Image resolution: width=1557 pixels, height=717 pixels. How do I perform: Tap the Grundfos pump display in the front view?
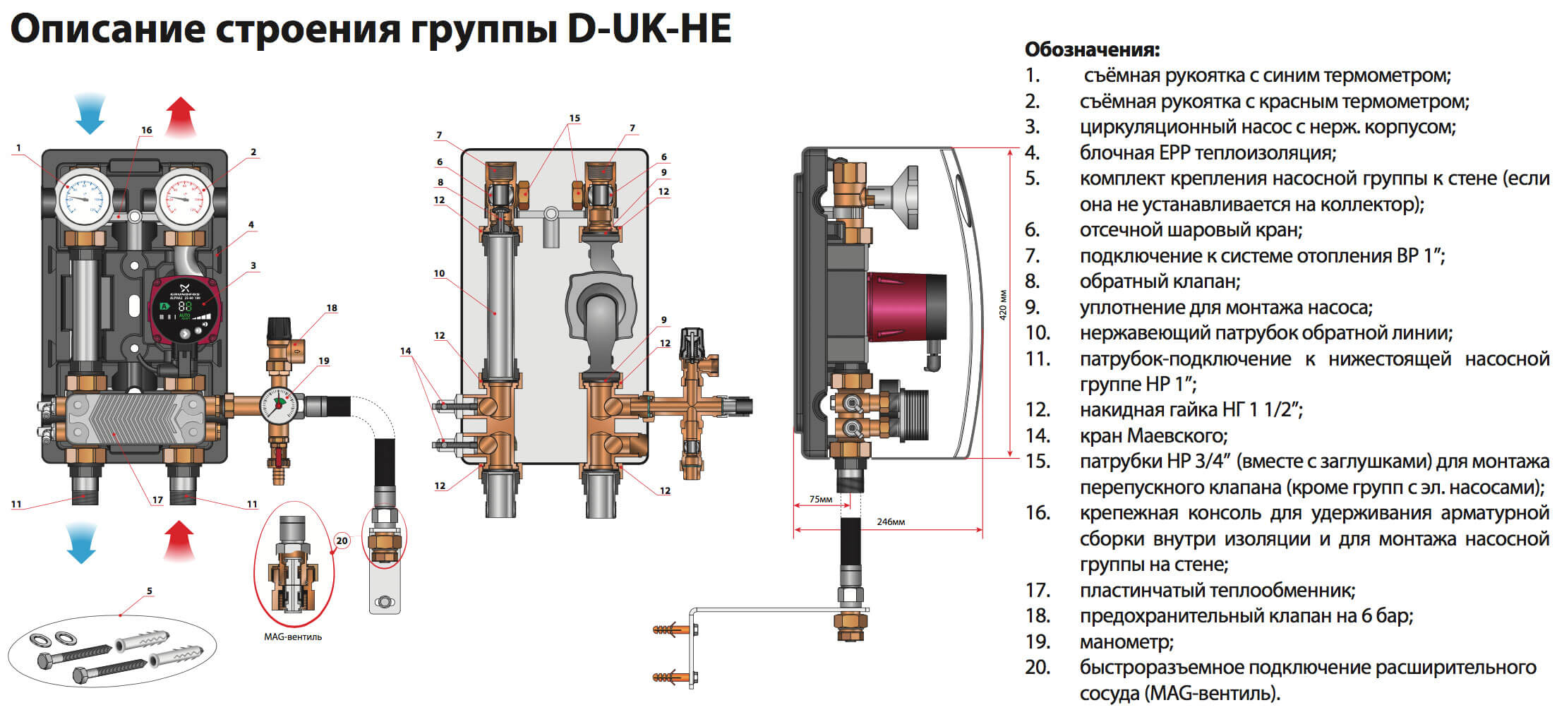[x=185, y=308]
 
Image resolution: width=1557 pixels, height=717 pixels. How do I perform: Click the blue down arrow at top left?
[x=89, y=114]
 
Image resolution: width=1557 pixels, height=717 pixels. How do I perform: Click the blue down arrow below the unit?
[x=81, y=543]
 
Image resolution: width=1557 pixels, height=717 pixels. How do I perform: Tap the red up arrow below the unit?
[x=179, y=541]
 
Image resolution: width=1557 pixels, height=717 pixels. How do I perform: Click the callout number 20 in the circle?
[x=342, y=541]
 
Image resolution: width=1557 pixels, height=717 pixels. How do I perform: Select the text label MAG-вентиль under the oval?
[x=293, y=637]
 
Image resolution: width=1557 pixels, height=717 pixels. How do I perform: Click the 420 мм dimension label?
[x=1003, y=304]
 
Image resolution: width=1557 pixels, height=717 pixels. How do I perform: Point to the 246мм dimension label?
[x=891, y=522]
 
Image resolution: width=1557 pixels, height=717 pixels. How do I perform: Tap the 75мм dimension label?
[x=820, y=500]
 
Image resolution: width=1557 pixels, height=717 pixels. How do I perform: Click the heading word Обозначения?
[x=1092, y=50]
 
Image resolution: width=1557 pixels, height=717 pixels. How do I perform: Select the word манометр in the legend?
[x=1126, y=642]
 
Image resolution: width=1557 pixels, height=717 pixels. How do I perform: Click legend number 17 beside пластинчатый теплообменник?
[x=1038, y=591]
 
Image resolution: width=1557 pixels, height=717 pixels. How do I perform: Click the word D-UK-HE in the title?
[x=649, y=30]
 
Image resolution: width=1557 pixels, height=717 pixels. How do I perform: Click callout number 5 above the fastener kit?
[x=150, y=591]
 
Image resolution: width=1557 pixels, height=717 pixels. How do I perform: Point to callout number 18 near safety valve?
[x=332, y=308]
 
